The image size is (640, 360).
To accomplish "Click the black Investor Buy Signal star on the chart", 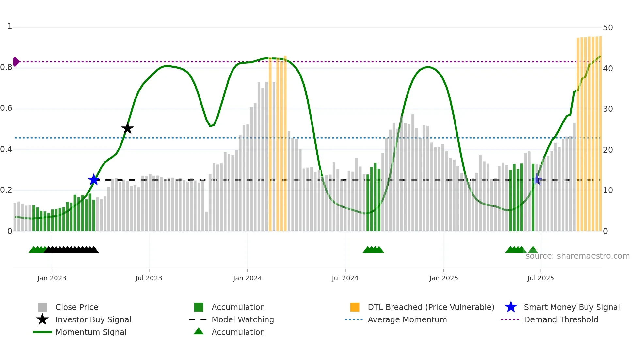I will click(x=127, y=129).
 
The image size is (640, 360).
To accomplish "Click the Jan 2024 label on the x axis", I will click(x=247, y=278).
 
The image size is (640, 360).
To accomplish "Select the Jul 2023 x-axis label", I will click(x=149, y=278).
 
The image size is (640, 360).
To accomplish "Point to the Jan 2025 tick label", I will click(x=443, y=278).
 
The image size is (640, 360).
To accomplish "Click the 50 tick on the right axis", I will click(x=608, y=28).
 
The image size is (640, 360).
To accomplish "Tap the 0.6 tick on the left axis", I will click(x=6, y=108).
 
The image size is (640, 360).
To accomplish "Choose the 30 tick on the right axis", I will click(x=608, y=109).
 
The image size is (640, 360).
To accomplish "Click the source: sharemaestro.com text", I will click(x=577, y=256).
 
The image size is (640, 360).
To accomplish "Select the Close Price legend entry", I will click(x=77, y=307).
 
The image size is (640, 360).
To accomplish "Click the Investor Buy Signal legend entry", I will click(x=93, y=319).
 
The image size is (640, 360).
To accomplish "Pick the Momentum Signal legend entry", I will click(x=91, y=332).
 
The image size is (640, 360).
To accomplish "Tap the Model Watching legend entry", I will click(x=243, y=319).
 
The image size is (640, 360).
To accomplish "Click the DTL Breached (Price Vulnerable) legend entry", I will click(x=431, y=307).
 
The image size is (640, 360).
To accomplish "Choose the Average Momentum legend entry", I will click(x=407, y=319).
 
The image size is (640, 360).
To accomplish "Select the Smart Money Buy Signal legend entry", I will click(x=572, y=307).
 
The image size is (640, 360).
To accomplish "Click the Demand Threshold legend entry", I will click(x=561, y=319).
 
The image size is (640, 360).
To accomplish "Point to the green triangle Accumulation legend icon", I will click(x=199, y=331).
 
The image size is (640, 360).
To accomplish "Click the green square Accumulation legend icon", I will click(x=199, y=307).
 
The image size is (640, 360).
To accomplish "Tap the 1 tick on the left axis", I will click(x=10, y=26).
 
